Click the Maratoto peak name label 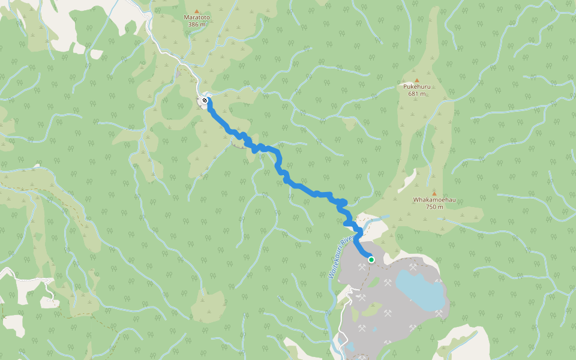[196, 18]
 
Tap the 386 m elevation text [196, 25]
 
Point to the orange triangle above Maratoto [196, 11]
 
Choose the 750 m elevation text [434, 207]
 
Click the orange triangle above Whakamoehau [434, 193]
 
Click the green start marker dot [371, 260]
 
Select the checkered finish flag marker [205, 100]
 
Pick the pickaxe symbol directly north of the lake [413, 266]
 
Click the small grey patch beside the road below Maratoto [178, 74]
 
